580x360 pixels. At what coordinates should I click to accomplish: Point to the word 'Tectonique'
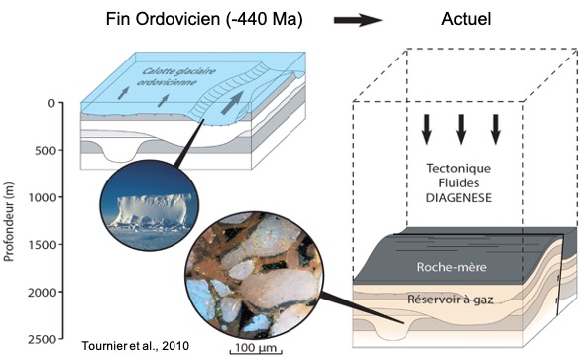[x=460, y=166]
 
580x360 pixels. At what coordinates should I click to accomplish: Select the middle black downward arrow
[x=460, y=128]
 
